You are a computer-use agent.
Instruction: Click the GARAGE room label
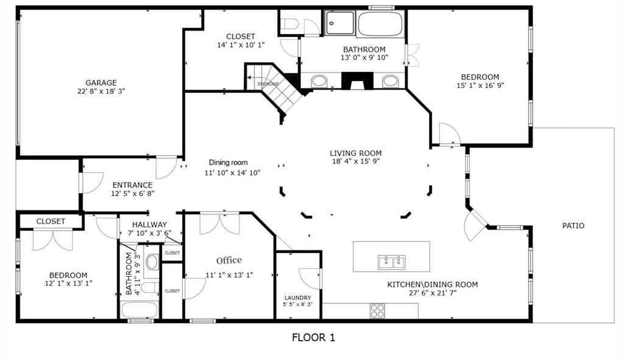(x=101, y=83)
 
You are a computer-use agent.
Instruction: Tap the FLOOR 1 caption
(x=313, y=337)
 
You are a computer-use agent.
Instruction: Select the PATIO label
(x=573, y=226)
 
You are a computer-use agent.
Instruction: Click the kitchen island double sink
(x=391, y=262)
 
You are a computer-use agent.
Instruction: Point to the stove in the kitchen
(x=378, y=311)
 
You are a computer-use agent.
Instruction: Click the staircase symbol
(x=275, y=89)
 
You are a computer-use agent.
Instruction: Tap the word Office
(x=229, y=260)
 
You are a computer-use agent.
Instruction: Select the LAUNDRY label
(x=297, y=298)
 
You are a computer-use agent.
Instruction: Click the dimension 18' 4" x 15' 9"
(x=356, y=161)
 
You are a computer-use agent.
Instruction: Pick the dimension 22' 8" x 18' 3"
(x=101, y=91)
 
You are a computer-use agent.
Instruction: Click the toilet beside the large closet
(x=291, y=24)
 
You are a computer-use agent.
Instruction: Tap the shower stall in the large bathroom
(x=340, y=23)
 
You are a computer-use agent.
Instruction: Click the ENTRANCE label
(x=132, y=185)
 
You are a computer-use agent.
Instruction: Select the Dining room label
(x=229, y=163)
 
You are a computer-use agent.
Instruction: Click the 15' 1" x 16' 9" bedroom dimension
(x=480, y=85)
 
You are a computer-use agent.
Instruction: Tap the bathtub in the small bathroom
(x=140, y=309)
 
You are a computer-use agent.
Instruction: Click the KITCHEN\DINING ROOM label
(x=433, y=284)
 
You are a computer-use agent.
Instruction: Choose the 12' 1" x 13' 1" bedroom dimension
(x=68, y=283)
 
